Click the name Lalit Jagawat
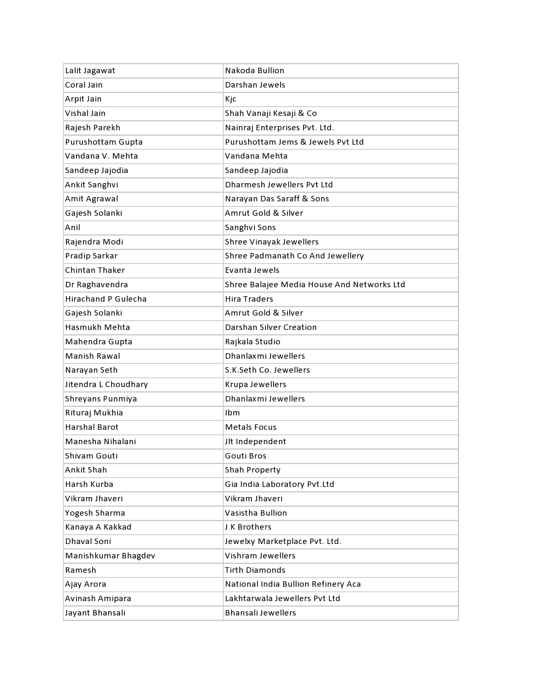click(x=90, y=71)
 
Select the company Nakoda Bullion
click(x=254, y=71)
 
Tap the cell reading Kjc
click(x=230, y=99)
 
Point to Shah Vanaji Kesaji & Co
click(x=271, y=113)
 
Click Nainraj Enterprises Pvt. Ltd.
click(x=279, y=128)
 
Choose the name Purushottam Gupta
click(x=104, y=142)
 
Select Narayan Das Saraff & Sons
click(x=277, y=199)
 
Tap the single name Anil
click(x=73, y=228)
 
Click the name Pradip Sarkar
click(x=91, y=256)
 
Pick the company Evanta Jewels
click(x=252, y=270)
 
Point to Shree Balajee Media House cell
click(x=315, y=285)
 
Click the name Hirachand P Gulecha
click(x=106, y=299)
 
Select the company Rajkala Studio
click(x=252, y=342)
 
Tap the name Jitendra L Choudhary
click(x=107, y=385)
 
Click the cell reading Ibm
click(x=232, y=413)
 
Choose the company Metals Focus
click(x=251, y=427)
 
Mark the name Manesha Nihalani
click(x=101, y=442)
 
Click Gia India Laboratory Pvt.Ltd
click(x=279, y=484)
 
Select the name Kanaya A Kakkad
click(x=98, y=527)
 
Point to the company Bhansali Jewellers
click(x=260, y=613)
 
